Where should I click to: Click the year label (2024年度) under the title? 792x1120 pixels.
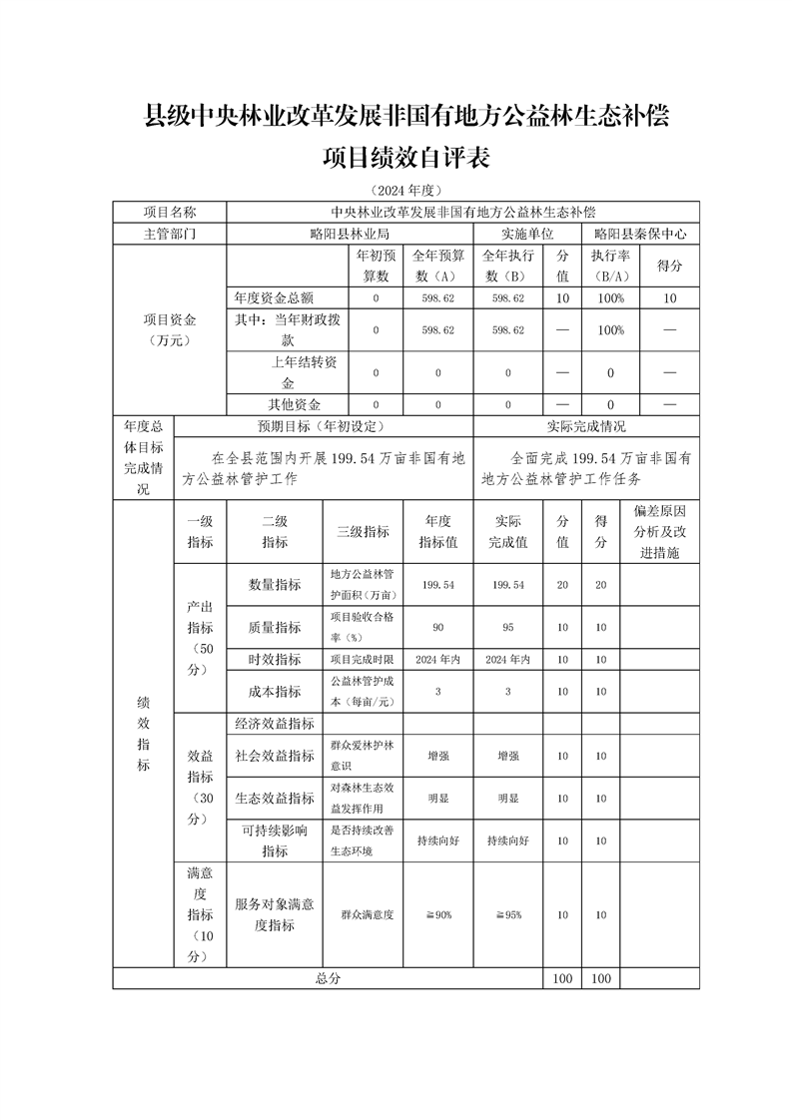tap(405, 190)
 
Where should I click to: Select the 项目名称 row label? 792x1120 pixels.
tap(170, 213)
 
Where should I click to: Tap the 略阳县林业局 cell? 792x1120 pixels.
tap(350, 234)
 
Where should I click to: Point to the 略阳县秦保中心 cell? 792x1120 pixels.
tap(640, 234)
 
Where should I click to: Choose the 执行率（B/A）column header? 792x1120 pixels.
tap(610, 266)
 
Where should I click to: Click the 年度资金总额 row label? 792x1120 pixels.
tap(288, 297)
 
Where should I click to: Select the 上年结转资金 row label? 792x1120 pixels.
tap(288, 372)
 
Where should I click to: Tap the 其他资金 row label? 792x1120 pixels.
tap(288, 404)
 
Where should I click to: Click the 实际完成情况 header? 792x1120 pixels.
tap(586, 426)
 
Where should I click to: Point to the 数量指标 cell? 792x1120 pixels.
tap(275, 584)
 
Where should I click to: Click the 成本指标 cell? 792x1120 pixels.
tap(275, 691)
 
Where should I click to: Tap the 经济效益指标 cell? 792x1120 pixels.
tap(275, 724)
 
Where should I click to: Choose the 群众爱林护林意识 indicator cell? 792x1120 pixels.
tap(364, 755)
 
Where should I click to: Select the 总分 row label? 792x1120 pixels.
tap(328, 978)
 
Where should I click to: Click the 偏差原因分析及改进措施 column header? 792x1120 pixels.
tap(660, 531)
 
